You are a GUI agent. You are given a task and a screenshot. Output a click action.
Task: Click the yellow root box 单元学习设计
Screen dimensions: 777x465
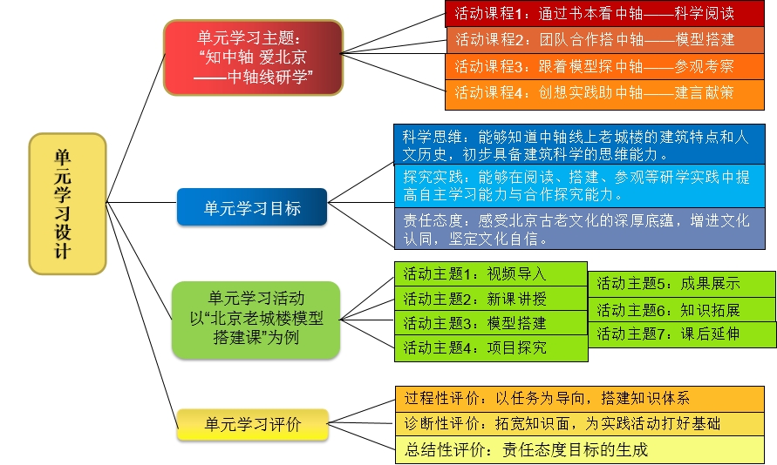[x=67, y=204]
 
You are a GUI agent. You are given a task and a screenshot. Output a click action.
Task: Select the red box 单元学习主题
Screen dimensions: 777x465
[x=253, y=57]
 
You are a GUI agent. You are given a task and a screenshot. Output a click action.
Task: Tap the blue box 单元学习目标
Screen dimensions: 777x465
[x=252, y=207]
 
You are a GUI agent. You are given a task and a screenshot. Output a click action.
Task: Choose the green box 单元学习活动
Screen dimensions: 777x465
[x=256, y=319]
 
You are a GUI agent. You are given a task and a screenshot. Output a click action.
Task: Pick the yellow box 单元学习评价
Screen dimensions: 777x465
[x=253, y=424]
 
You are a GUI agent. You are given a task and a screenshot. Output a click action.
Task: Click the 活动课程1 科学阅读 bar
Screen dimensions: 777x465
[x=604, y=14]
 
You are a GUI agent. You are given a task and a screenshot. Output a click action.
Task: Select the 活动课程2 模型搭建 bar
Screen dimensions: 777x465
[x=605, y=39]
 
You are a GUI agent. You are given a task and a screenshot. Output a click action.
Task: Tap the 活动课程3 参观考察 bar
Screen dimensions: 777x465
[x=604, y=66]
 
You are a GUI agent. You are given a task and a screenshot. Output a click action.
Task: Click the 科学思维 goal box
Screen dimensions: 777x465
[x=579, y=145]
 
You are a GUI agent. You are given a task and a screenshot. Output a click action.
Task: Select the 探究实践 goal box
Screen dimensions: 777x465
[x=580, y=185]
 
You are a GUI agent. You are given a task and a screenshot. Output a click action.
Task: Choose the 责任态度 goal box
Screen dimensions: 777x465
[x=580, y=228]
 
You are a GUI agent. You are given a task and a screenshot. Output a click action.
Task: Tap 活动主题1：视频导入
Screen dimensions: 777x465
[x=491, y=273]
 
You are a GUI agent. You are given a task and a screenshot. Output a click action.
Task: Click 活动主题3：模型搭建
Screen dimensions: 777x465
[x=491, y=323]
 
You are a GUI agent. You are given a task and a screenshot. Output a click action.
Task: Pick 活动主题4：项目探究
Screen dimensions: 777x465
[x=491, y=348]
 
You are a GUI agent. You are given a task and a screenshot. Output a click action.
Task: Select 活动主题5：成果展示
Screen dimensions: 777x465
[x=682, y=284]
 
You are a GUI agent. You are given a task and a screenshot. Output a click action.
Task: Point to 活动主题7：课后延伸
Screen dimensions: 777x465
[x=682, y=334]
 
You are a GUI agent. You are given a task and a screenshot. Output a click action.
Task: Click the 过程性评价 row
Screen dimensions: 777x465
[x=580, y=399]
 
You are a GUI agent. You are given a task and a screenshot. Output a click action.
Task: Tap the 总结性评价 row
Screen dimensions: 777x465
[x=580, y=449]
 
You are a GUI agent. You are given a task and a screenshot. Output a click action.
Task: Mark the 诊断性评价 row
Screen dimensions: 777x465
[x=580, y=423]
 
